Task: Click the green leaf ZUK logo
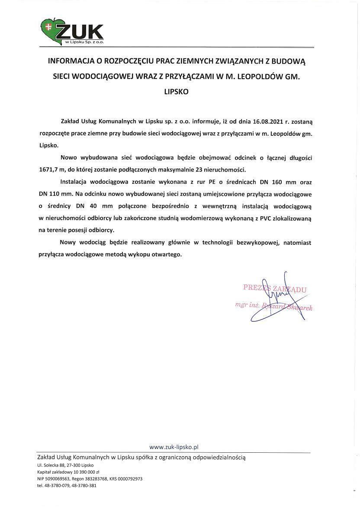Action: [71, 32]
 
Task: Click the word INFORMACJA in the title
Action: [72, 62]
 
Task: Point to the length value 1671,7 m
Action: [52, 169]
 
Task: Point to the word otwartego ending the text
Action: [166, 255]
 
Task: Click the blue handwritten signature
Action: [277, 298]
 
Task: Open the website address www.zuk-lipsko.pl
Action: [174, 447]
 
